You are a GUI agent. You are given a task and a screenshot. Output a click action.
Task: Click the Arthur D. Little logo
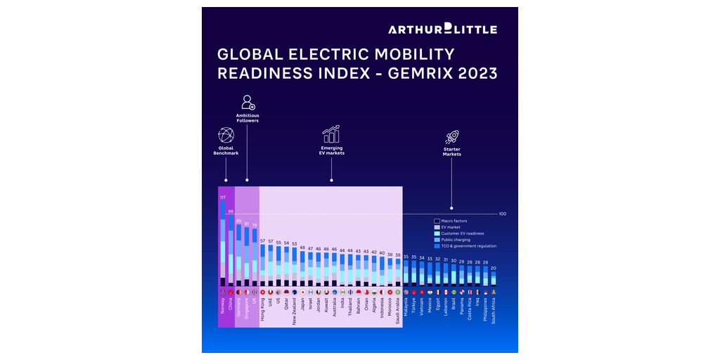tap(442, 29)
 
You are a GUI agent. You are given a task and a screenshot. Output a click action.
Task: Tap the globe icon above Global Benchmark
tap(226, 135)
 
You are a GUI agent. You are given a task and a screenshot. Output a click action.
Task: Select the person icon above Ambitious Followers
tap(247, 103)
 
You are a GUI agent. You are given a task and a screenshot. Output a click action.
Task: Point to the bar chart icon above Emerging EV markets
tap(330, 134)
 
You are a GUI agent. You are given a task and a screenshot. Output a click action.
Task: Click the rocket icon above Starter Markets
tap(452, 137)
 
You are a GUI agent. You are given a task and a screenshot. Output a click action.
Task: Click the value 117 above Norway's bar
tap(223, 198)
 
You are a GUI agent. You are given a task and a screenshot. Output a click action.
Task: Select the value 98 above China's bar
tap(231, 211)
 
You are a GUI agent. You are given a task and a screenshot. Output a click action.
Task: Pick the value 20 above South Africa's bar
tap(494, 269)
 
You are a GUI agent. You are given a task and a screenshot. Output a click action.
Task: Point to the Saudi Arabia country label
tap(398, 311)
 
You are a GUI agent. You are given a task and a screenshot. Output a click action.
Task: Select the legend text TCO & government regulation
tap(469, 246)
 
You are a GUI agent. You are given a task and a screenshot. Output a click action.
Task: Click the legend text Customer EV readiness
tap(463, 233)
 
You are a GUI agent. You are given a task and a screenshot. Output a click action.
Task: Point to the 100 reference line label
tap(502, 214)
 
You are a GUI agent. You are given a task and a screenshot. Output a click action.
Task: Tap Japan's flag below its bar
tap(302, 292)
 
